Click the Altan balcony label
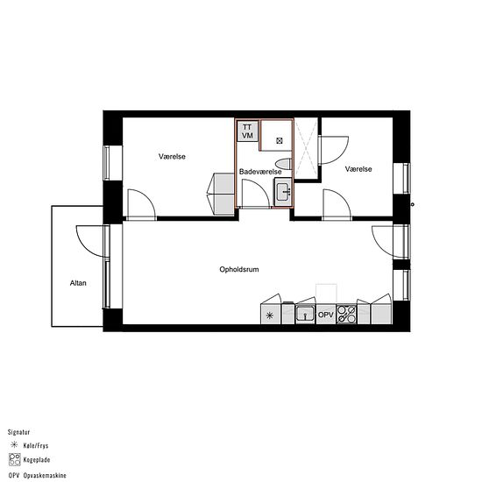point(78,283)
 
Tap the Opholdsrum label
point(239,270)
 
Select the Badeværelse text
point(260,172)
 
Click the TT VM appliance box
point(247,131)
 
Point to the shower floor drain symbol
point(279,141)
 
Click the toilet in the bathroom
point(283,164)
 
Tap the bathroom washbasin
point(283,192)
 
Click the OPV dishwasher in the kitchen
point(326,315)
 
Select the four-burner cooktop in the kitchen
point(346,314)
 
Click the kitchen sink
point(305,314)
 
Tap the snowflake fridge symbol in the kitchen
point(270,315)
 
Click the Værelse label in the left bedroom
point(172,157)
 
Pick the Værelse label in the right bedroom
point(358,169)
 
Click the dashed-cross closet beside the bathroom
point(306,148)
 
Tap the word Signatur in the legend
point(18,432)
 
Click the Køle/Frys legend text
point(36,446)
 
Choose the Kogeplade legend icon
point(14,459)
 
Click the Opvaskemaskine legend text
point(45,475)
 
